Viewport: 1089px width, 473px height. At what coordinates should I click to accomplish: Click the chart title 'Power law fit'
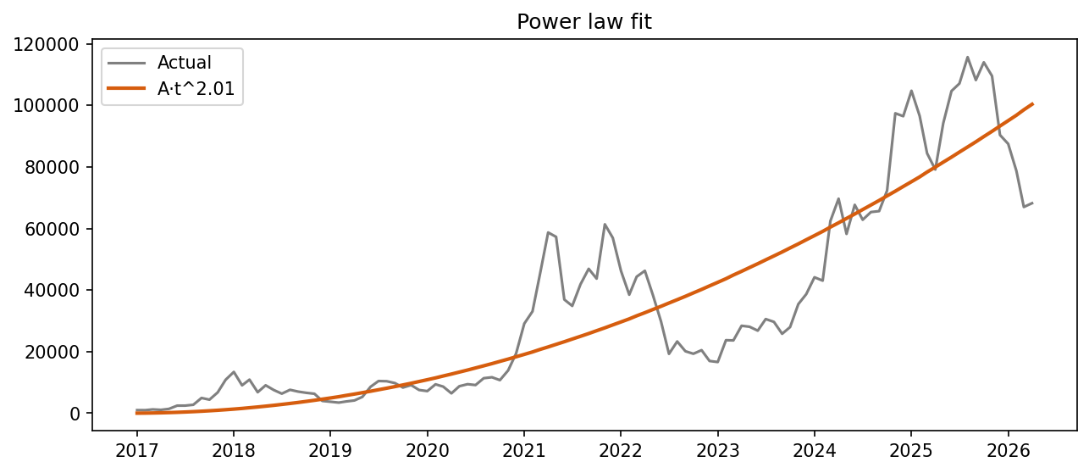pos(584,22)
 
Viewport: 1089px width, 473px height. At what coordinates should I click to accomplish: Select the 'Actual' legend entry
pos(184,62)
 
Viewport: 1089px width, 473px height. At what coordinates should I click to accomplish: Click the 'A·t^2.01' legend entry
pos(196,88)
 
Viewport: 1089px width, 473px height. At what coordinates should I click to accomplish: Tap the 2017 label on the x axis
pos(137,447)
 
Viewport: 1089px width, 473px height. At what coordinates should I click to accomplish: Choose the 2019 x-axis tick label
pos(330,447)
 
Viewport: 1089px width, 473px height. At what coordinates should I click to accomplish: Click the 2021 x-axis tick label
pos(524,447)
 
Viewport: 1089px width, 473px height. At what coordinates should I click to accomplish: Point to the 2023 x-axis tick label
pos(718,447)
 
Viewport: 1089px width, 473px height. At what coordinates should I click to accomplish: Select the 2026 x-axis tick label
pos(1009,447)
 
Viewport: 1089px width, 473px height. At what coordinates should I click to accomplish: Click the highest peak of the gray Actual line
pos(968,57)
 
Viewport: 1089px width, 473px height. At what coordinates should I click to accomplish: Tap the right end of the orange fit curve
pos(1032,103)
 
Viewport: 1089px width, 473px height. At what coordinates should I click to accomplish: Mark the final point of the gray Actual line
pos(1032,203)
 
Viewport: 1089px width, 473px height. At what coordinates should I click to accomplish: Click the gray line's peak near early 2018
pos(234,372)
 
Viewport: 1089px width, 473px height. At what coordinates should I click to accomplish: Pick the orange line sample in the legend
pos(128,88)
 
